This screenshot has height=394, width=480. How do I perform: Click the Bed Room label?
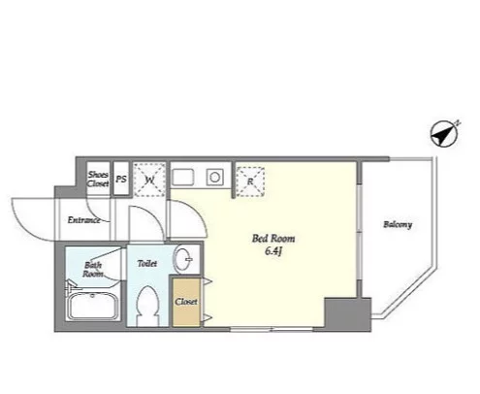click(273, 239)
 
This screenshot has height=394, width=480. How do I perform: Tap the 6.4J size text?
click(273, 251)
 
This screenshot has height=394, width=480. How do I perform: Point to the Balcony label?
click(398, 224)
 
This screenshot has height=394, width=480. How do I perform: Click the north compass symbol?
click(444, 134)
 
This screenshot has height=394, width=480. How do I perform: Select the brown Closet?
click(186, 302)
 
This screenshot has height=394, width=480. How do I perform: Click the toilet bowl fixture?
click(147, 307)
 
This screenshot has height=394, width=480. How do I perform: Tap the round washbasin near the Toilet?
click(183, 259)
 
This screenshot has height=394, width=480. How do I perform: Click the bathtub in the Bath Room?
click(93, 306)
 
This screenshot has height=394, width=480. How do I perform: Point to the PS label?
click(121, 179)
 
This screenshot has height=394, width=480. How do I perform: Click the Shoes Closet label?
click(98, 179)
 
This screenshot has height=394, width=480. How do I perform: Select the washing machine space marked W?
click(149, 180)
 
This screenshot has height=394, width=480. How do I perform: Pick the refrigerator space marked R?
click(250, 181)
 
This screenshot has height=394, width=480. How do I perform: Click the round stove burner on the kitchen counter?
click(214, 178)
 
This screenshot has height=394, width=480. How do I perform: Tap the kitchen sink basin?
click(183, 178)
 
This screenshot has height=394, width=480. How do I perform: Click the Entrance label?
click(83, 220)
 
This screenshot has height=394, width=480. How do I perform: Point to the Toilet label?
click(147, 264)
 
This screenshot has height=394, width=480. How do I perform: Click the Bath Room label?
click(93, 270)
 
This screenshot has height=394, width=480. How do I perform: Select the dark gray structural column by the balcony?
click(347, 314)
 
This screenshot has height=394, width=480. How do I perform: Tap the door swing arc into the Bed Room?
click(195, 213)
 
